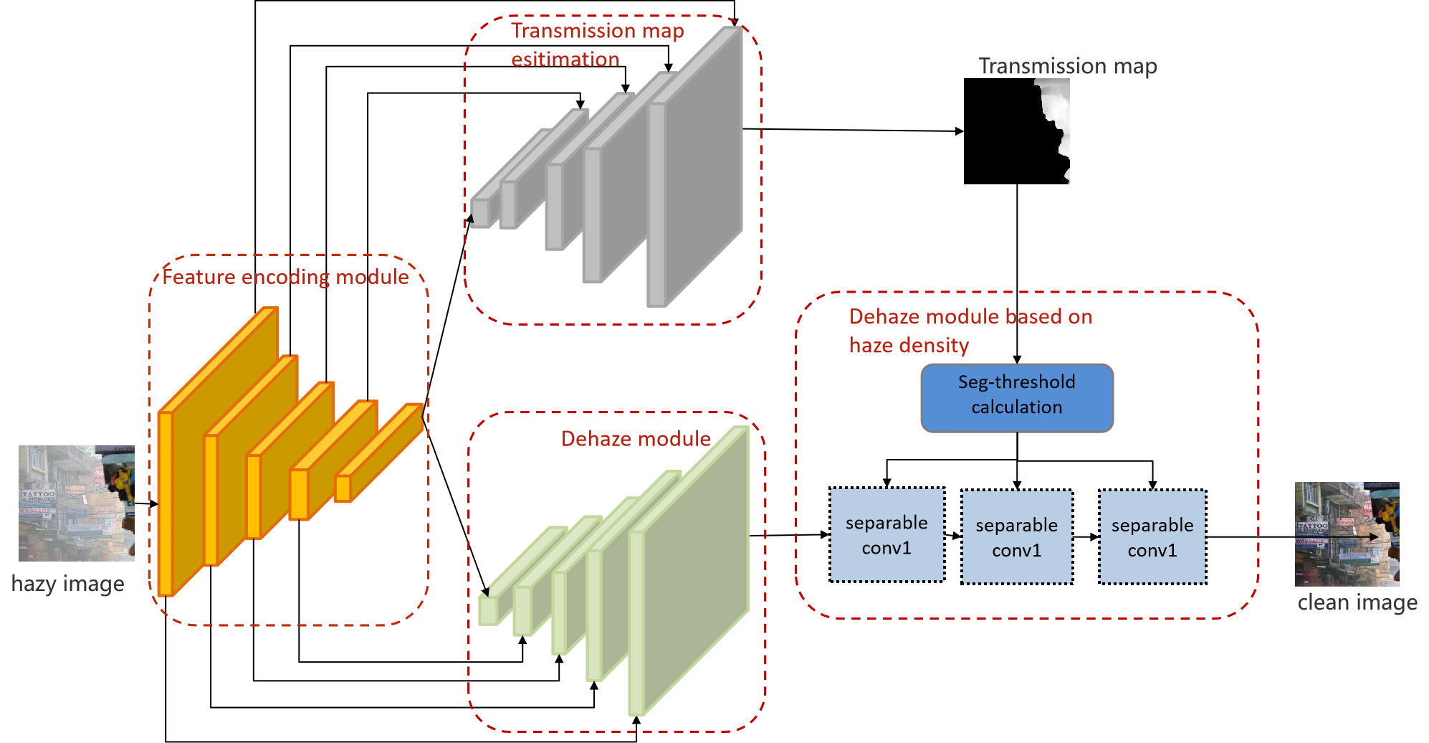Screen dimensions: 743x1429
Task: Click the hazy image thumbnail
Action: (x=77, y=503)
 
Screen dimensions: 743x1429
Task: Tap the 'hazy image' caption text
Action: (x=68, y=584)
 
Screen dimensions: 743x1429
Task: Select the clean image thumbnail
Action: (x=1347, y=534)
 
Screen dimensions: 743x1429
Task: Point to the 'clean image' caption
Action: (x=1357, y=602)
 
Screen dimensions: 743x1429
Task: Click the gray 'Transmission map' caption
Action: (x=1067, y=67)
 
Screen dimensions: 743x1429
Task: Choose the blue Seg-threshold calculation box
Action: (x=1017, y=398)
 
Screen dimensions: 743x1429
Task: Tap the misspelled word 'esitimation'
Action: (x=565, y=60)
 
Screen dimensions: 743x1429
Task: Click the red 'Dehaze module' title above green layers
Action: (x=636, y=439)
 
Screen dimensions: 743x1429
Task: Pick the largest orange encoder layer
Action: (x=215, y=459)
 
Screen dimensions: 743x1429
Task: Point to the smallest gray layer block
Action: (x=480, y=212)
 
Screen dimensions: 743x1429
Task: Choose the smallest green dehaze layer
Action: (x=488, y=610)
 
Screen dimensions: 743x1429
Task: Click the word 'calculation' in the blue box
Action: (x=1016, y=407)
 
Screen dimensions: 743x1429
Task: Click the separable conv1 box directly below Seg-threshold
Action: (x=1017, y=537)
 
